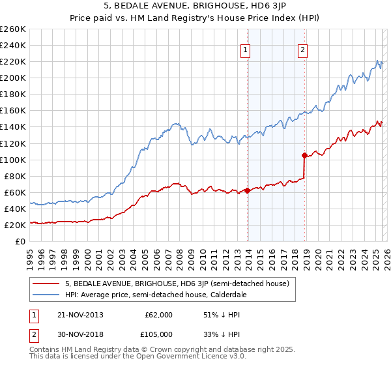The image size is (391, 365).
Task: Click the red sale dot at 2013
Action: [x=248, y=190]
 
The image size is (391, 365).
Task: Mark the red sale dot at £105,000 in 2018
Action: [x=305, y=155]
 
